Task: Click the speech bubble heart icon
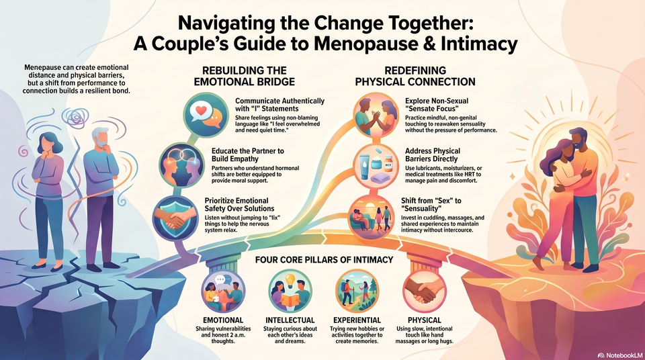(206, 115)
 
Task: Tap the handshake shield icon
(175, 218)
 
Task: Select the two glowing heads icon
(181, 165)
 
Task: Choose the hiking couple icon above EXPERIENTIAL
(357, 291)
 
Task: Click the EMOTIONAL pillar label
(223, 320)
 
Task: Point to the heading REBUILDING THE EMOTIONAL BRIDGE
(245, 76)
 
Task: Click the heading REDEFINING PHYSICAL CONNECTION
(415, 76)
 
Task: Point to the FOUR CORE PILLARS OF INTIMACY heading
(324, 260)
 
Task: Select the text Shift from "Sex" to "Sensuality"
(431, 204)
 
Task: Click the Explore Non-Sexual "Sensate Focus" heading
(437, 105)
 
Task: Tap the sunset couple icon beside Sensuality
(371, 218)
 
